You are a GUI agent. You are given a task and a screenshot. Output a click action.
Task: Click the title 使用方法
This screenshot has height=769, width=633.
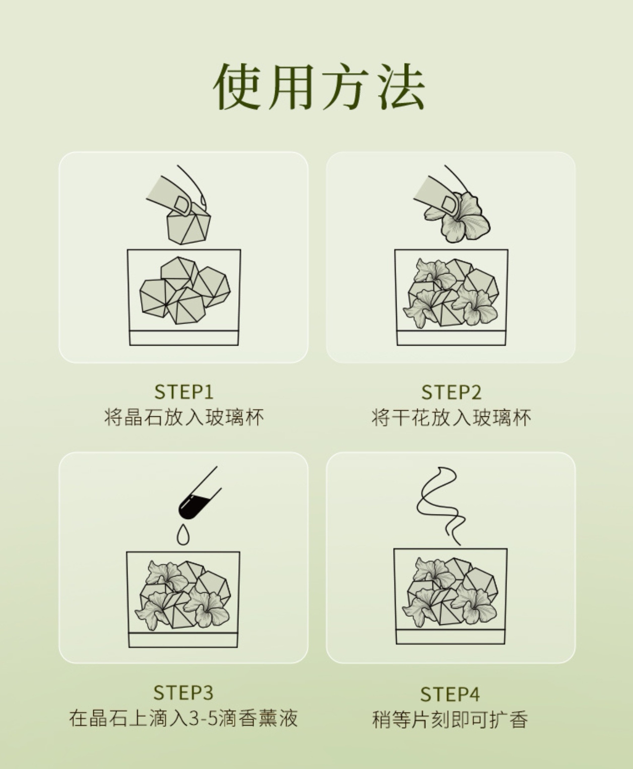point(320,87)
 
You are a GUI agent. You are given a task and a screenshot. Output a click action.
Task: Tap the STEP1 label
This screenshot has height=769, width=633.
point(183,392)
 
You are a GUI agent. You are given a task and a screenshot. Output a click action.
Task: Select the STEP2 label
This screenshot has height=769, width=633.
point(451,393)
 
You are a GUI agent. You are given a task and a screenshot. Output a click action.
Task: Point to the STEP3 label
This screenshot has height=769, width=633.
point(183,692)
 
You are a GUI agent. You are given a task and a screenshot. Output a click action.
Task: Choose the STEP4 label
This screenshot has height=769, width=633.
point(450,694)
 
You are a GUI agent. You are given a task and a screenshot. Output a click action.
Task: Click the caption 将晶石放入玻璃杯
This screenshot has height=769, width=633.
point(184,417)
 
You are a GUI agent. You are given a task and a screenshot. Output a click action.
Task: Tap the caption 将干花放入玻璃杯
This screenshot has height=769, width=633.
point(451,417)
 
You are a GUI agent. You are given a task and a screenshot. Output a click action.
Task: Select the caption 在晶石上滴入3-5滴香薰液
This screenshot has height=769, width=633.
point(183,718)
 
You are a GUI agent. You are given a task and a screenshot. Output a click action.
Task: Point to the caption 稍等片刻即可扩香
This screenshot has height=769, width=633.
point(450,720)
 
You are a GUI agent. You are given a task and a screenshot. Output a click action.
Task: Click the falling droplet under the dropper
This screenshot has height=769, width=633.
point(183,535)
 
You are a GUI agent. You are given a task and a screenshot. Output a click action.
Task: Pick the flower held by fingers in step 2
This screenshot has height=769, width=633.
point(457,218)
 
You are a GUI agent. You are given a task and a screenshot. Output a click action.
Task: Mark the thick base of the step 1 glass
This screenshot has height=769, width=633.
point(184,338)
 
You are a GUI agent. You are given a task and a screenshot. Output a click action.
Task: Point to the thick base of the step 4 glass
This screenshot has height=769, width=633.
point(451,637)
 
